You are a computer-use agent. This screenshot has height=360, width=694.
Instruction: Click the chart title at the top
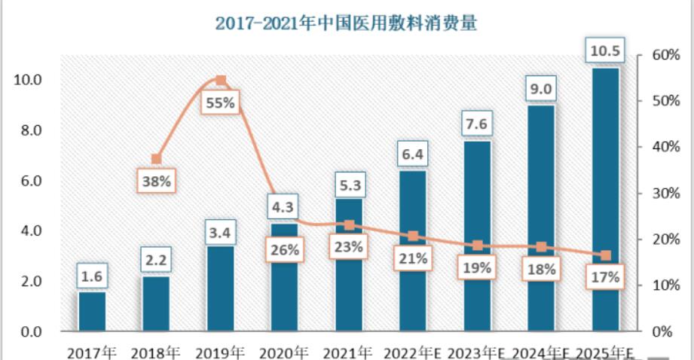click(347, 23)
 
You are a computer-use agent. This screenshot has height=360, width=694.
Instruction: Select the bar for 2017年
click(92, 311)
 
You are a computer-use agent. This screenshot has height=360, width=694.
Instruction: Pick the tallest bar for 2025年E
click(606, 200)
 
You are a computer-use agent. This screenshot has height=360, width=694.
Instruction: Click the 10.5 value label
click(606, 51)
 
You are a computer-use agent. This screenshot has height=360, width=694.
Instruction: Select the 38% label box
click(156, 181)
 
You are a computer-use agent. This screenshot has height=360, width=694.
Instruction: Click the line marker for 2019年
click(221, 80)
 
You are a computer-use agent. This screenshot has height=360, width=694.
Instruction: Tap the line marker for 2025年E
click(606, 256)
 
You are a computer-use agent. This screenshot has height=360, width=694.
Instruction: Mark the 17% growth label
click(605, 277)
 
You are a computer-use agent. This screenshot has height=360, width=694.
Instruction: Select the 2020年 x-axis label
click(284, 352)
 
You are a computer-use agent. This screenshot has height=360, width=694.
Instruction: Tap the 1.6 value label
click(92, 277)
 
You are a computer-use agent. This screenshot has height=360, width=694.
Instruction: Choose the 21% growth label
click(413, 259)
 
